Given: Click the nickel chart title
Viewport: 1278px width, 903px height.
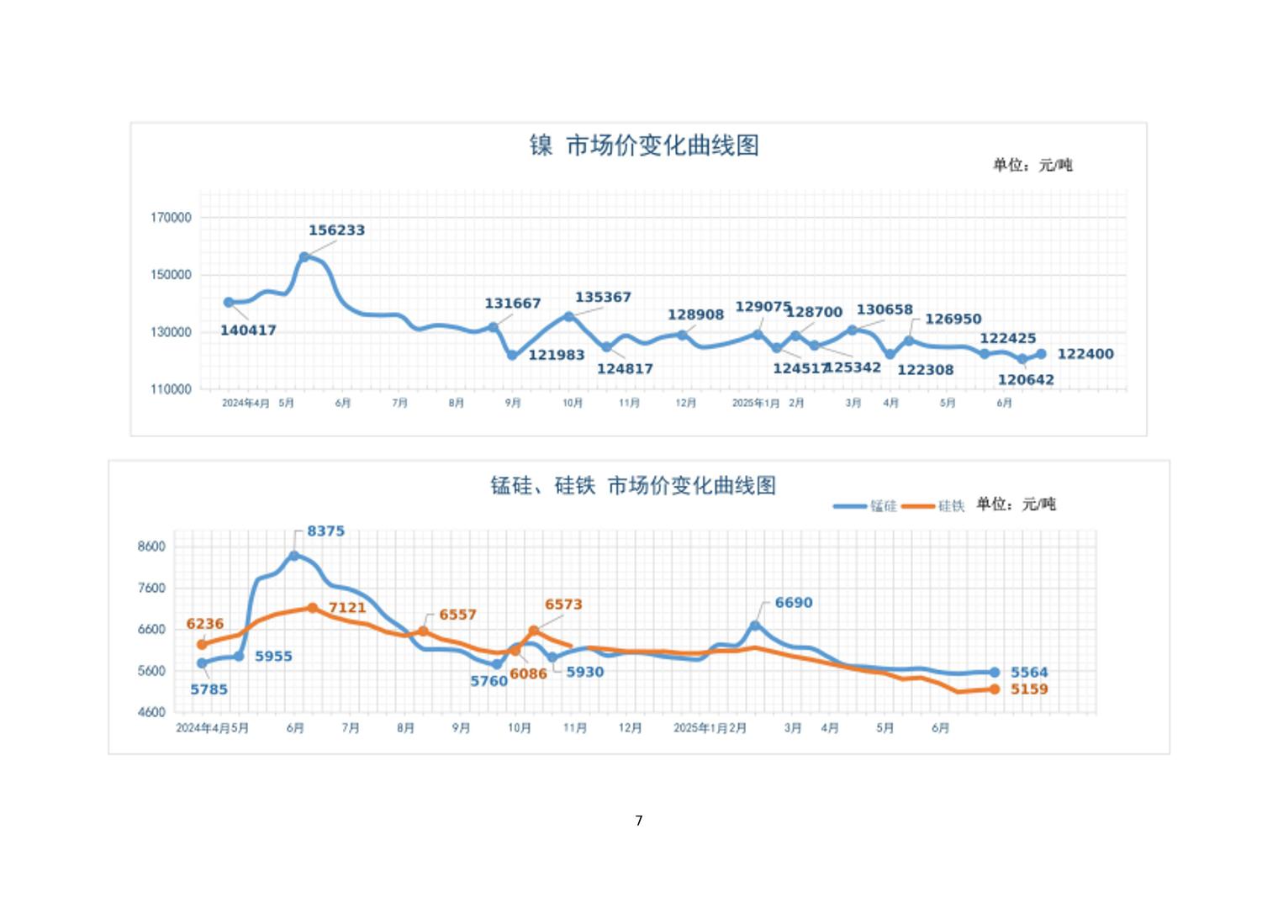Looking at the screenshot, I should click(x=644, y=145).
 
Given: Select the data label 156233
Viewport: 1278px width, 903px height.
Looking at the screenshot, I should click(x=336, y=230).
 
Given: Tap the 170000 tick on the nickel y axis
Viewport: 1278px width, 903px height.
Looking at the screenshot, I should click(x=171, y=218).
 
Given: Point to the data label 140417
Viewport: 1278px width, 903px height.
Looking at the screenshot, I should click(x=248, y=330).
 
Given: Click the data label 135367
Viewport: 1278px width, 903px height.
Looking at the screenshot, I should click(x=603, y=298).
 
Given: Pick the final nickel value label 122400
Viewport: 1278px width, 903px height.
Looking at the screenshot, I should click(x=1085, y=354).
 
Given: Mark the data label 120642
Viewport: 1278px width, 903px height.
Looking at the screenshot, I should click(x=1026, y=380).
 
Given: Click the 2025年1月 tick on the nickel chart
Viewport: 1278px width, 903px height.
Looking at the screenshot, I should click(x=755, y=404).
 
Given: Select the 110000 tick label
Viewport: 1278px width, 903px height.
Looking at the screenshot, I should click(x=171, y=390).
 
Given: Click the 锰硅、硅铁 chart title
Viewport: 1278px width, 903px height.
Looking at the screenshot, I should click(x=633, y=486).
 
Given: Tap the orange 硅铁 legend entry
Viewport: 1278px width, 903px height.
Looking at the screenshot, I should click(x=934, y=506).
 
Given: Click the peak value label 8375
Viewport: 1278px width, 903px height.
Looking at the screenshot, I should click(x=325, y=531).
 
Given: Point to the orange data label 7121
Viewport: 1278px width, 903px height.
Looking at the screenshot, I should click(x=347, y=608).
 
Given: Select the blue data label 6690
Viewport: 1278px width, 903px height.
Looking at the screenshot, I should click(x=794, y=603).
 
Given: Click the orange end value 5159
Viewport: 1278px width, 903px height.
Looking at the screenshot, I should click(x=1029, y=689).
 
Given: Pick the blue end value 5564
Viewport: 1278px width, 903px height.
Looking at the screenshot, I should click(x=1029, y=673).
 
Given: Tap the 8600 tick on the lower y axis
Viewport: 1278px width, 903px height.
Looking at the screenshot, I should click(x=151, y=547).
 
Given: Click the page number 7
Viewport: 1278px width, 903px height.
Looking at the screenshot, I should click(x=639, y=821).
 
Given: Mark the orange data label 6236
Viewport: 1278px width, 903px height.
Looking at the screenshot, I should click(x=205, y=624).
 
